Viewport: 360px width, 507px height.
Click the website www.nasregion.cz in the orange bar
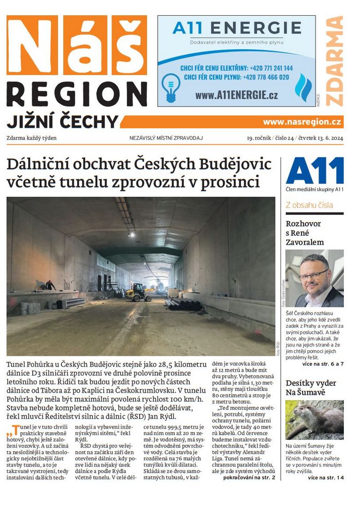tap(302, 122)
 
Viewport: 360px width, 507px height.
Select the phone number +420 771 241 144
tap(269, 68)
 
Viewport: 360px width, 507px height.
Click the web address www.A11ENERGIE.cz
tap(236, 95)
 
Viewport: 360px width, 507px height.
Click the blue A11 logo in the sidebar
tap(314, 171)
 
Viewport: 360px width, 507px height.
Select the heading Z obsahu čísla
tap(309, 205)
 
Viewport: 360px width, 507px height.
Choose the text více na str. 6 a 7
tap(323, 364)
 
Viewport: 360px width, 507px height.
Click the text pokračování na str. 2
tap(249, 478)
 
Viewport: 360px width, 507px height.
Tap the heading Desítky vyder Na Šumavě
tap(311, 388)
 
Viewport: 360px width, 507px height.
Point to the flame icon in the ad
tap(303, 87)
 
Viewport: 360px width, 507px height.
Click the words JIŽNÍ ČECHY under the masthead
tap(62, 122)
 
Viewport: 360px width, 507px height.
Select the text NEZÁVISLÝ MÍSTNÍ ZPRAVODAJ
tap(166, 138)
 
